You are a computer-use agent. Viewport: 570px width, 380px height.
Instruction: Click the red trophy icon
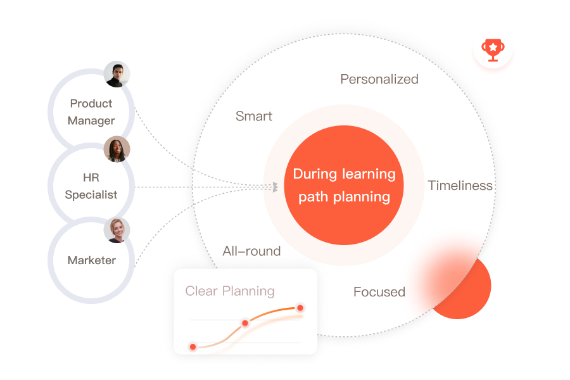pos(493,50)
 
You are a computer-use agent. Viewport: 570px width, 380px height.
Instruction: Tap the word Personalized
pos(379,79)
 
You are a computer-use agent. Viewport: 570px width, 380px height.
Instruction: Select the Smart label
pos(254,116)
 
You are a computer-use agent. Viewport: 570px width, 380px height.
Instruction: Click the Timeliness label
pos(460,186)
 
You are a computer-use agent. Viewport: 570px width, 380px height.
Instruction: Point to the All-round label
pos(251,251)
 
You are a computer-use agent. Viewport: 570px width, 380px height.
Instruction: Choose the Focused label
pos(379,291)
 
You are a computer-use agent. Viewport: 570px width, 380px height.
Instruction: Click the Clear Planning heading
pos(230,291)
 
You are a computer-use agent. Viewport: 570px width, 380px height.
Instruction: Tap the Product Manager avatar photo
pos(117,74)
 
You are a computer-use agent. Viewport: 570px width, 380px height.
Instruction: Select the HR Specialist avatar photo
pos(117,149)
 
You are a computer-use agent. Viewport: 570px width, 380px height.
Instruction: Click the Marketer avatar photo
pos(117,230)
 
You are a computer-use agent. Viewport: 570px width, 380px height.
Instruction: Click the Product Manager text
pos(91,112)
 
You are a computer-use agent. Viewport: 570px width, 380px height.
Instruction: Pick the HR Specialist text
pos(91,186)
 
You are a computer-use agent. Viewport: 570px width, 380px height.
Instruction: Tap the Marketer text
pos(92,260)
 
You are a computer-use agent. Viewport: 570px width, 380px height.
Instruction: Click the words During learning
pos(344,174)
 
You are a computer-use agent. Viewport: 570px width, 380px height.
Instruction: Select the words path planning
pos(344,197)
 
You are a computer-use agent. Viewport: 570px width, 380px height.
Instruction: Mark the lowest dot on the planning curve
pos(193,346)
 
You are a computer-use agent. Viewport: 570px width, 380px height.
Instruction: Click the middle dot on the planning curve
pos(245,323)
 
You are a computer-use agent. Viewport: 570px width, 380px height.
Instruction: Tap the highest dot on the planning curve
pos(300,308)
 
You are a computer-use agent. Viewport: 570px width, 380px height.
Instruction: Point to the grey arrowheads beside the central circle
pos(275,187)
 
